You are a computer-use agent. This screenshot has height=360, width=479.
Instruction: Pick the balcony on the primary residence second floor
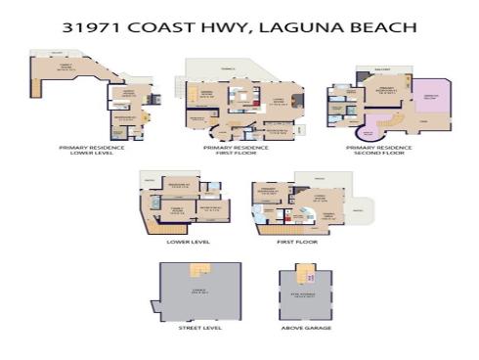tap(382, 72)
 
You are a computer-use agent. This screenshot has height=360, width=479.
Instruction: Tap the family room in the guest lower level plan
tap(179, 209)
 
